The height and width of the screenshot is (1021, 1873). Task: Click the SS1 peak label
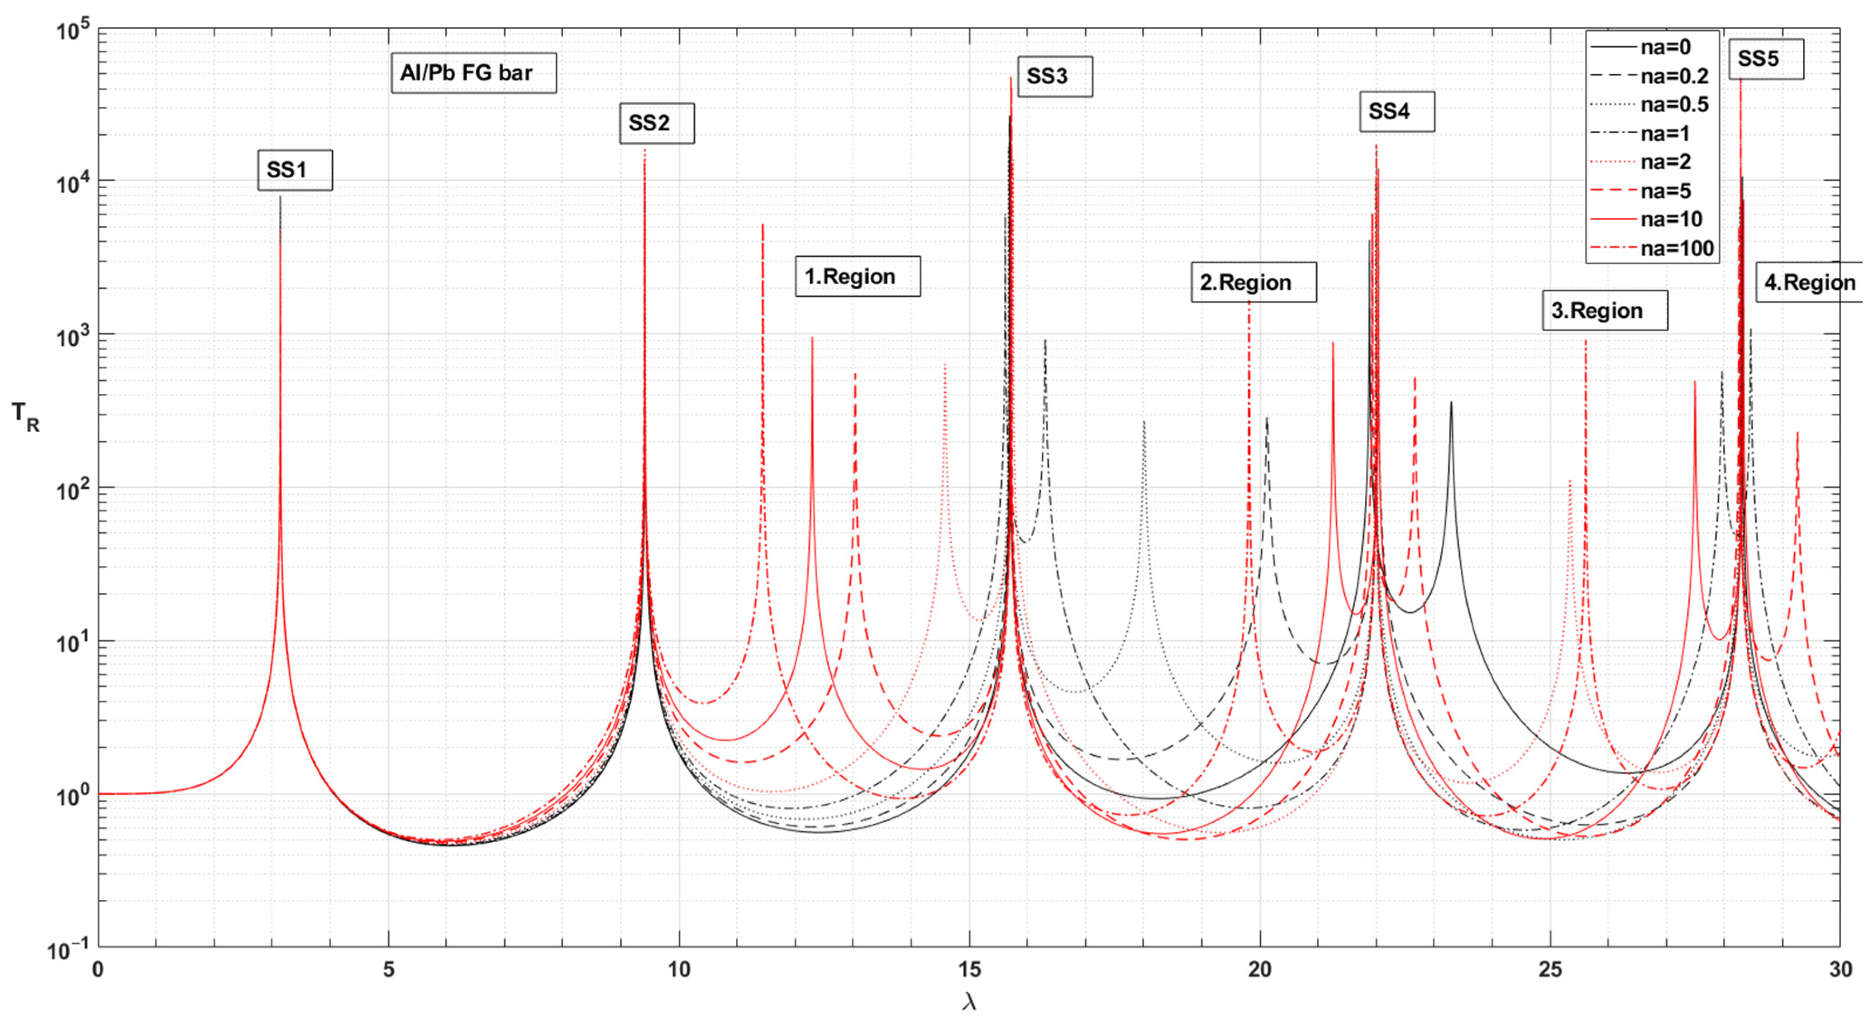click(295, 170)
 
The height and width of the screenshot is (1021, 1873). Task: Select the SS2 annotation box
click(657, 123)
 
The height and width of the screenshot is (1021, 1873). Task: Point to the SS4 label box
click(1397, 111)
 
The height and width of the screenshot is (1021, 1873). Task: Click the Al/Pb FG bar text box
click(473, 73)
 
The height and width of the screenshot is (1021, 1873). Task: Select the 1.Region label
click(857, 277)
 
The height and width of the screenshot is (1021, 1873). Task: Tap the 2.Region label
click(1253, 282)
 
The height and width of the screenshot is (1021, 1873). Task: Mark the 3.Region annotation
click(1605, 310)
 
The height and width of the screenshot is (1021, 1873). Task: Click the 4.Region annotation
click(1811, 282)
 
